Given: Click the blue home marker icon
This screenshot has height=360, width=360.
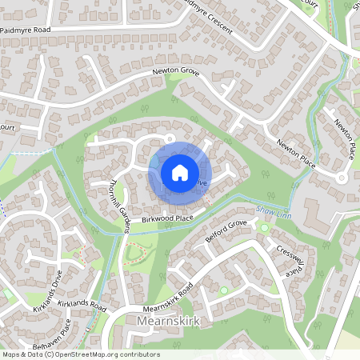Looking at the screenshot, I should (x=180, y=171).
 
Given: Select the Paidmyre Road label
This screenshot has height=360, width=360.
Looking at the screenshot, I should (x=26, y=29).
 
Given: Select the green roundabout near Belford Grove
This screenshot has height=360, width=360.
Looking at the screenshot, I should (x=264, y=228).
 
